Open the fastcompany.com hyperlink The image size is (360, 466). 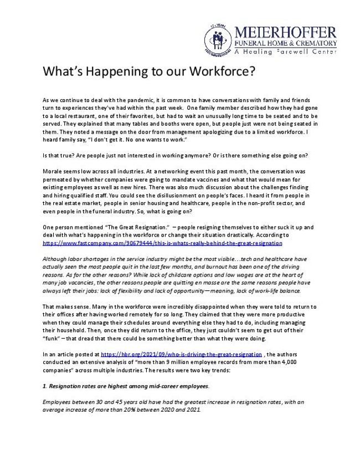[162, 243]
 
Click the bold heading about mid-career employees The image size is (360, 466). [126, 385]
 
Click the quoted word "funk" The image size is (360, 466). [51, 338]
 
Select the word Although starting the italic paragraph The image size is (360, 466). [55, 259]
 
